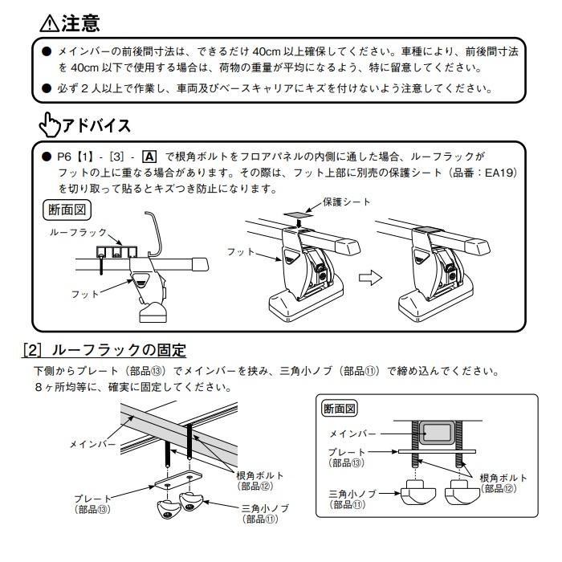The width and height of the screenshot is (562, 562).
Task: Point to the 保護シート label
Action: point(347,202)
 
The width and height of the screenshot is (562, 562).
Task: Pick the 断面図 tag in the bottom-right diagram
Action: point(340,409)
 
